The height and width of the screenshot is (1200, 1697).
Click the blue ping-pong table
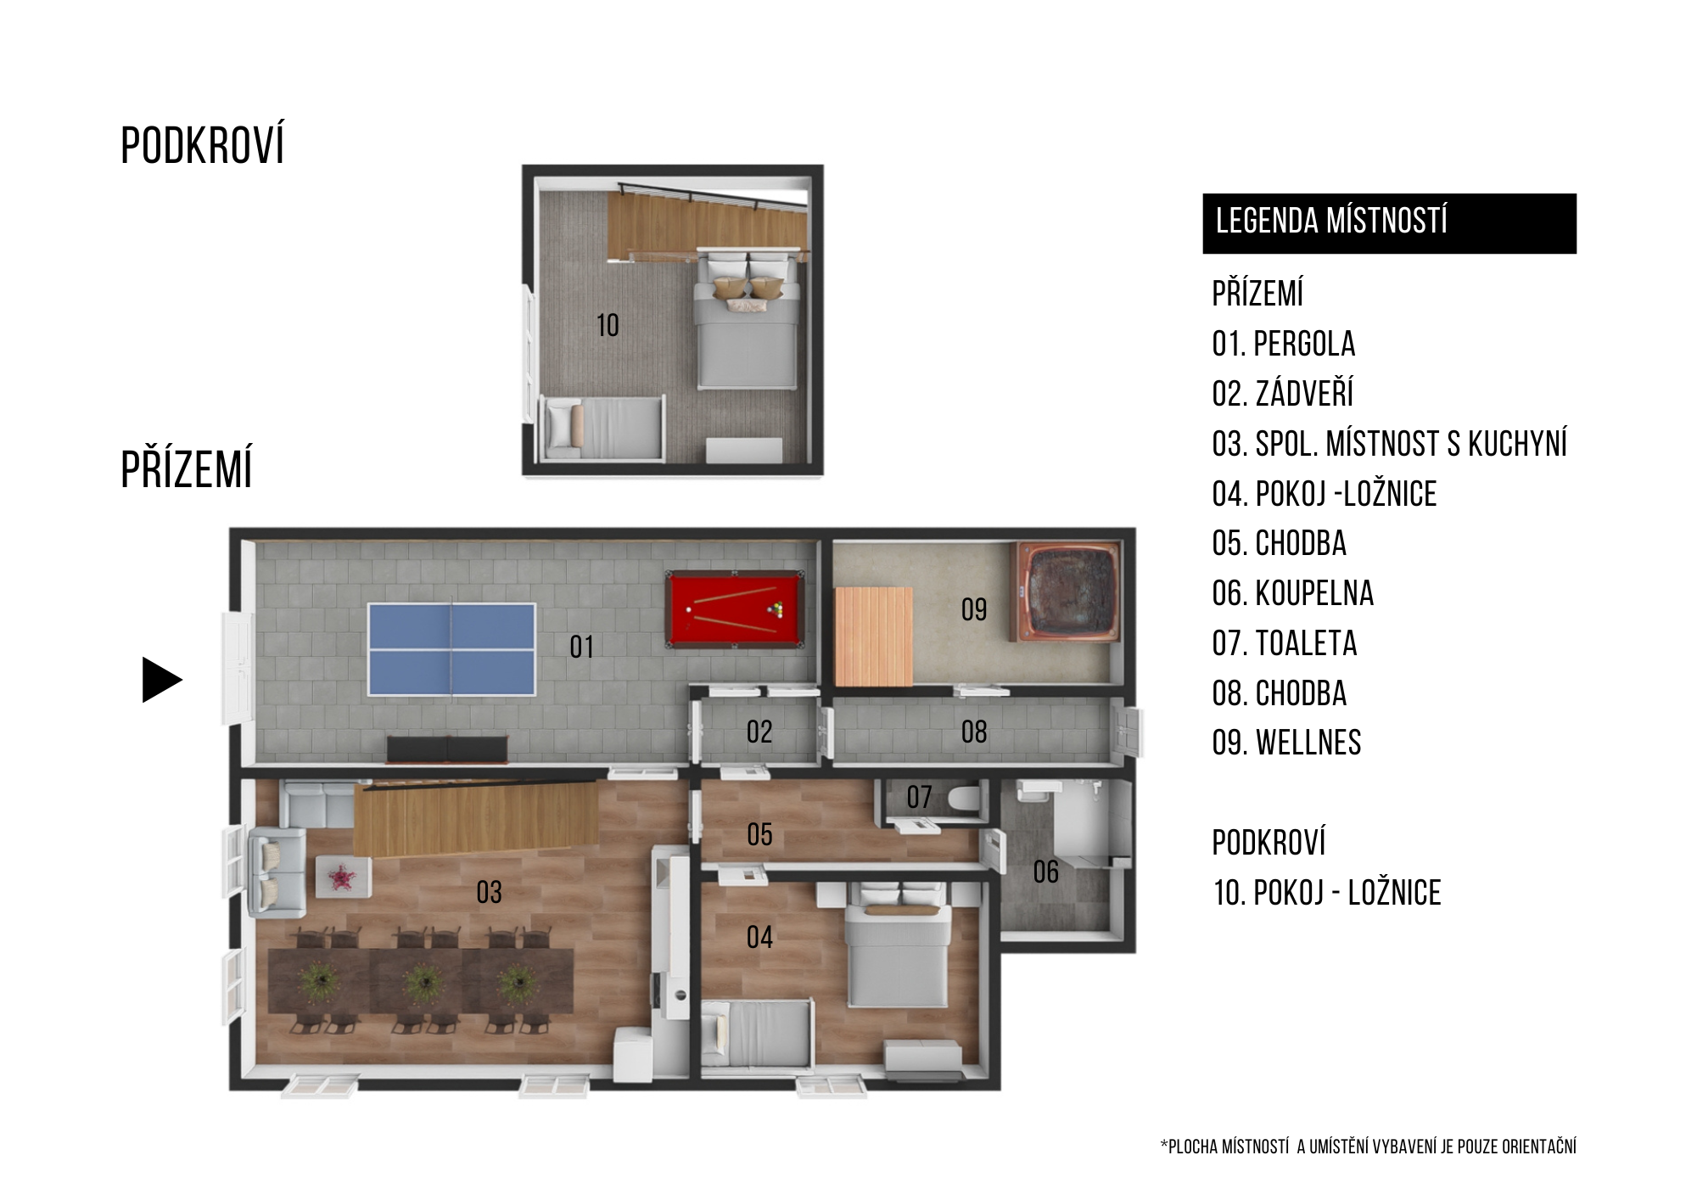click(451, 649)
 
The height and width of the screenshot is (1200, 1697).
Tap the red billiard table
click(735, 608)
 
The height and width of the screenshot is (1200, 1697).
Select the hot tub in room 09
click(1066, 592)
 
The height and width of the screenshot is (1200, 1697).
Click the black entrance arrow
click(162, 680)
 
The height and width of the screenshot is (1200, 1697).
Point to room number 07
click(919, 797)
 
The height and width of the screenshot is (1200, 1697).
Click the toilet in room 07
click(963, 799)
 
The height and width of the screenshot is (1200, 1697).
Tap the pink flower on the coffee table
click(341, 877)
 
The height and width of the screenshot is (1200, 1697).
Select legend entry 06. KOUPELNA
click(1292, 593)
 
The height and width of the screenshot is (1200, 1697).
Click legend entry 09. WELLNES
click(1286, 743)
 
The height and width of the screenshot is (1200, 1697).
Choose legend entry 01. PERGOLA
click(1284, 344)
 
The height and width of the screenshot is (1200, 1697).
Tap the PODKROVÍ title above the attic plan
click(202, 145)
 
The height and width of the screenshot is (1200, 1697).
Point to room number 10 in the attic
click(608, 325)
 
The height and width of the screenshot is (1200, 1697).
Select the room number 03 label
click(489, 892)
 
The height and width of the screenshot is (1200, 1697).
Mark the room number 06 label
click(1045, 872)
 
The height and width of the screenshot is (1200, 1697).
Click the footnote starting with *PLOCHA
click(1368, 1147)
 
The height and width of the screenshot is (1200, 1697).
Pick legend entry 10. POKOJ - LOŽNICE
click(1326, 893)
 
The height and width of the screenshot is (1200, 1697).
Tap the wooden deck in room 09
click(874, 636)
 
